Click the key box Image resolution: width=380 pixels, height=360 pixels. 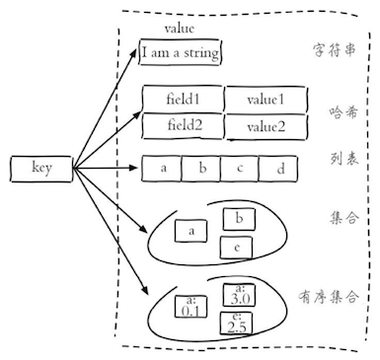coord(40,169)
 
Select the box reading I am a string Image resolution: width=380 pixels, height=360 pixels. coord(181,52)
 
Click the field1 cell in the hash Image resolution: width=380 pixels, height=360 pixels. coord(183,100)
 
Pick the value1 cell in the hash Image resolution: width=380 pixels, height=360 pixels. coord(265,100)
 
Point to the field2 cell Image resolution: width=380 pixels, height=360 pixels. coord(183,125)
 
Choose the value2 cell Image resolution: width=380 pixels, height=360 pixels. coord(265,126)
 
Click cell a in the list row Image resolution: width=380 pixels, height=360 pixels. coord(163,169)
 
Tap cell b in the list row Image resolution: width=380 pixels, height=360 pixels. coord(201,169)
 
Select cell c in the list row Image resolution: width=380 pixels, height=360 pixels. coord(240,169)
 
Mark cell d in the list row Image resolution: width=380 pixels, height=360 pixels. coord(279,170)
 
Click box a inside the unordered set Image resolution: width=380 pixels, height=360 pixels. coord(190,232)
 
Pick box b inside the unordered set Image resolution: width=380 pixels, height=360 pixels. coord(238,217)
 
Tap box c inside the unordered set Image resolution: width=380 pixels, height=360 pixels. coord(238,247)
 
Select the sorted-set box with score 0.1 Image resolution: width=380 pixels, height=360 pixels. coord(190,307)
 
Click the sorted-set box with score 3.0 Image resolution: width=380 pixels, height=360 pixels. coord(240,293)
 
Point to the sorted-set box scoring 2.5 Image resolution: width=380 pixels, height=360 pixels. coord(237,323)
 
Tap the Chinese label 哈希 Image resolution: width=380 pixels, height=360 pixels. coord(342,111)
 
